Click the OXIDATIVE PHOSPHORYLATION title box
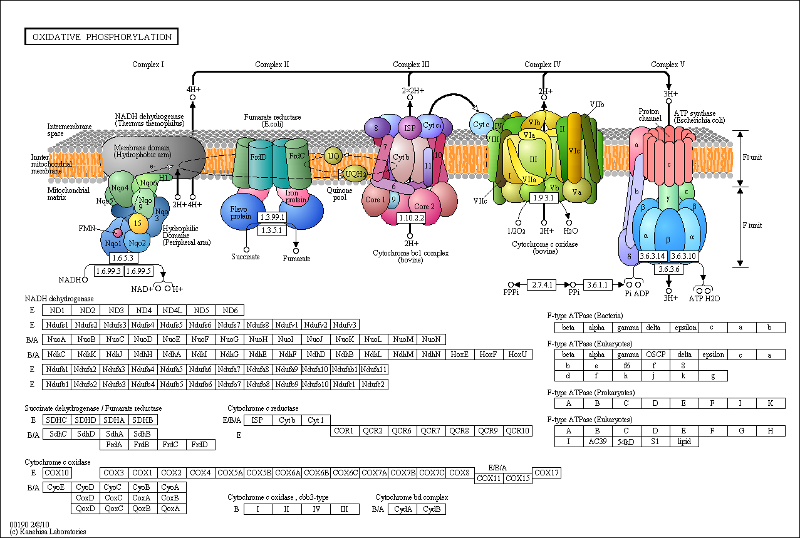(x=101, y=37)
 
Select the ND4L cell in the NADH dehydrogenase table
(x=172, y=310)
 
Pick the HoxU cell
(x=517, y=354)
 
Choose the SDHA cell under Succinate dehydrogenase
(x=114, y=420)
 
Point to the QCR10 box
(x=518, y=430)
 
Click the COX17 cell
(x=546, y=472)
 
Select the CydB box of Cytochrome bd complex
(x=431, y=509)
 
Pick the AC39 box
(x=597, y=442)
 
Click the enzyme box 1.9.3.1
(x=544, y=198)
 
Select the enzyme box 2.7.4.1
(x=542, y=284)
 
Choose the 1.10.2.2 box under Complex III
(x=411, y=218)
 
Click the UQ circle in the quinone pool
(x=333, y=155)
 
